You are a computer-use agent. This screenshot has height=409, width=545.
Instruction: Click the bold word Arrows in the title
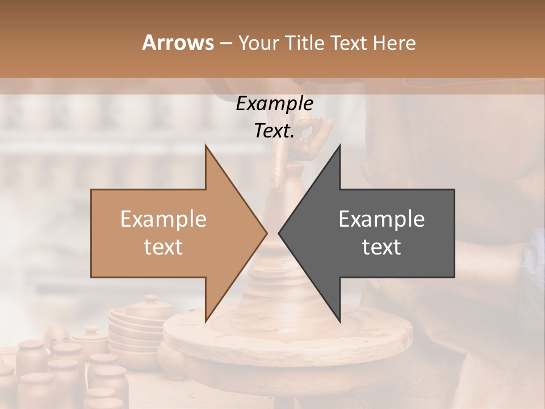[x=177, y=43]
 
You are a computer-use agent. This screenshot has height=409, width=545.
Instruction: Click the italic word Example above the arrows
[x=274, y=103]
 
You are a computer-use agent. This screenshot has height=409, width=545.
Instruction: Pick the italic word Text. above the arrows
[x=274, y=131]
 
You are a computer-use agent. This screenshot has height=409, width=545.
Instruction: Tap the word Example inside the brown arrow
[x=163, y=219]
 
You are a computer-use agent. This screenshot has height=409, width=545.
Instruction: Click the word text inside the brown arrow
[x=163, y=247]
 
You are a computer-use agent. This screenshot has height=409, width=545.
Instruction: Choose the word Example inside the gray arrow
[x=381, y=219]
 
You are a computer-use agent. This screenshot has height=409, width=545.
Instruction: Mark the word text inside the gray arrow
[x=381, y=247]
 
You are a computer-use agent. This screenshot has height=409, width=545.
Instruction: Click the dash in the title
[x=225, y=43]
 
